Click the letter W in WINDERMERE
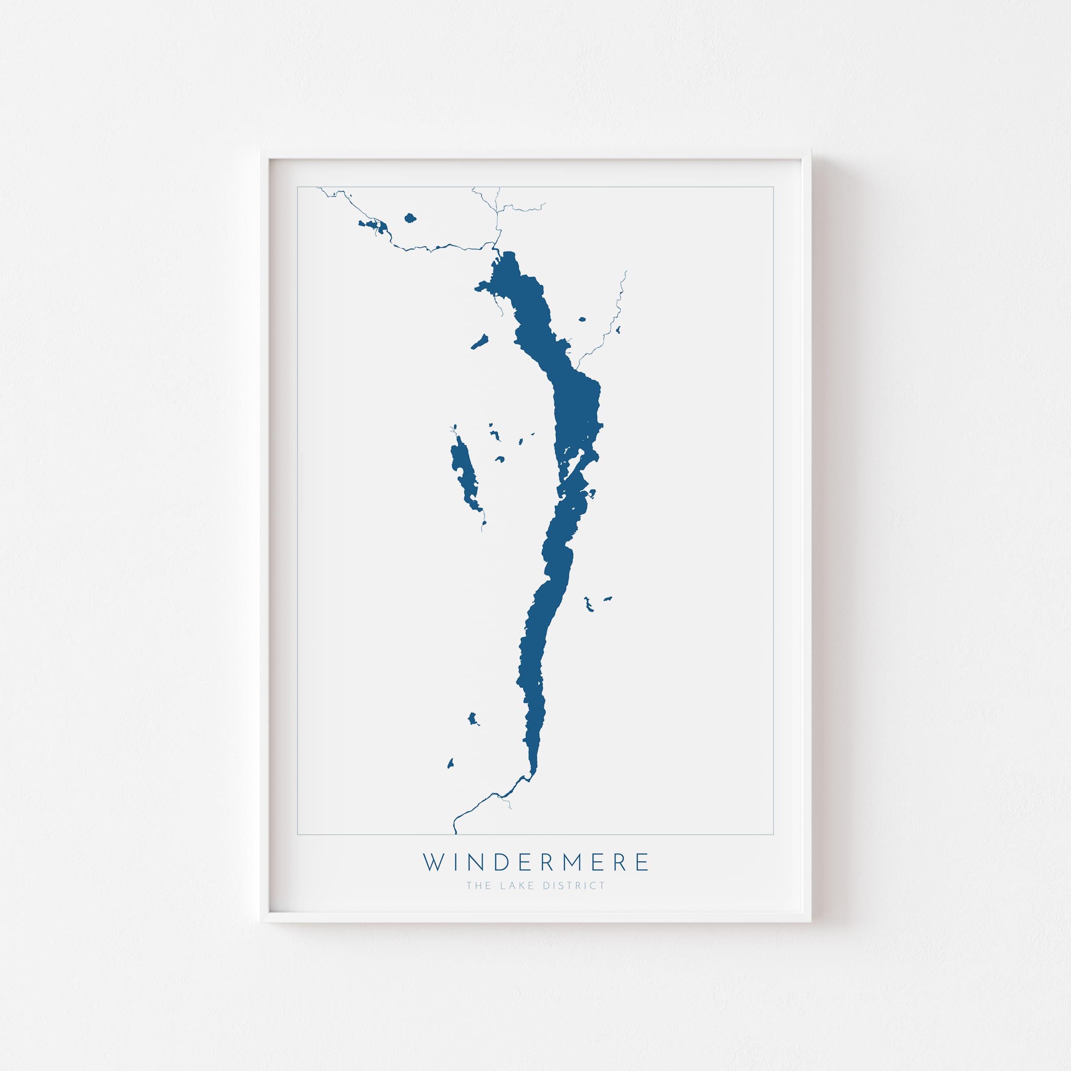(434, 863)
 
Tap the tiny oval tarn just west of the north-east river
(582, 319)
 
